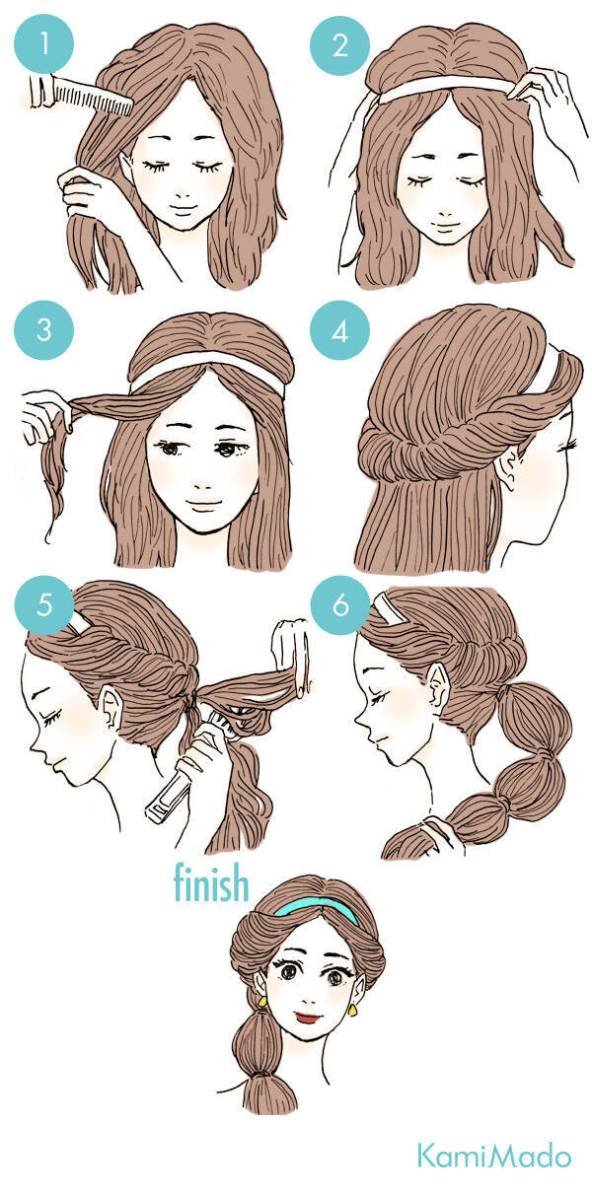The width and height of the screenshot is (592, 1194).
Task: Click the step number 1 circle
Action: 43,43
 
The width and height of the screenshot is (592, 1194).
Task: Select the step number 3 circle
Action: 43,329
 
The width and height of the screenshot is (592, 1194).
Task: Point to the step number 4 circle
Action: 339,329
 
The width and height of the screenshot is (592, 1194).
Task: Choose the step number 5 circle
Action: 43,605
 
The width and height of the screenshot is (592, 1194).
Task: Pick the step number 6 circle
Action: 339,605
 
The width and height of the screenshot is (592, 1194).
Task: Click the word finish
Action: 211,882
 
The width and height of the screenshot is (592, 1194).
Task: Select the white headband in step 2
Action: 448,87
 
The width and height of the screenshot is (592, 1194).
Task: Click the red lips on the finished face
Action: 310,1018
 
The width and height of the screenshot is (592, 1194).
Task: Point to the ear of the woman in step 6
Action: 438,686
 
